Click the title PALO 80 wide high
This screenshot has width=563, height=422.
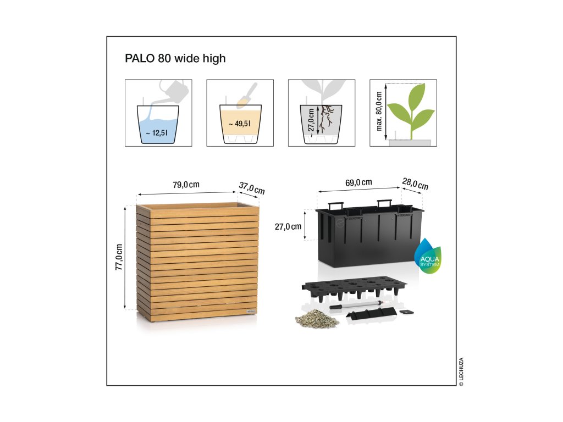[x=175, y=58]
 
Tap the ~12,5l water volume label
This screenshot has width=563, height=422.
[x=157, y=132]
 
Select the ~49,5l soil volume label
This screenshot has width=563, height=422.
[x=240, y=124]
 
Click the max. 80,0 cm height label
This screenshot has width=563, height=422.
[x=379, y=112]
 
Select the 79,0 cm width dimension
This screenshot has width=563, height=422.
[x=186, y=185]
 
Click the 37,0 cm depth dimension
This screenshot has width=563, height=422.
[x=252, y=187]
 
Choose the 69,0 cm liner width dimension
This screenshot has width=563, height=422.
[x=359, y=182]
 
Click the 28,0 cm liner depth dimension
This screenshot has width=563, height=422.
[x=415, y=184]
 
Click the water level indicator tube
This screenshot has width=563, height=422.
[x=356, y=304]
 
